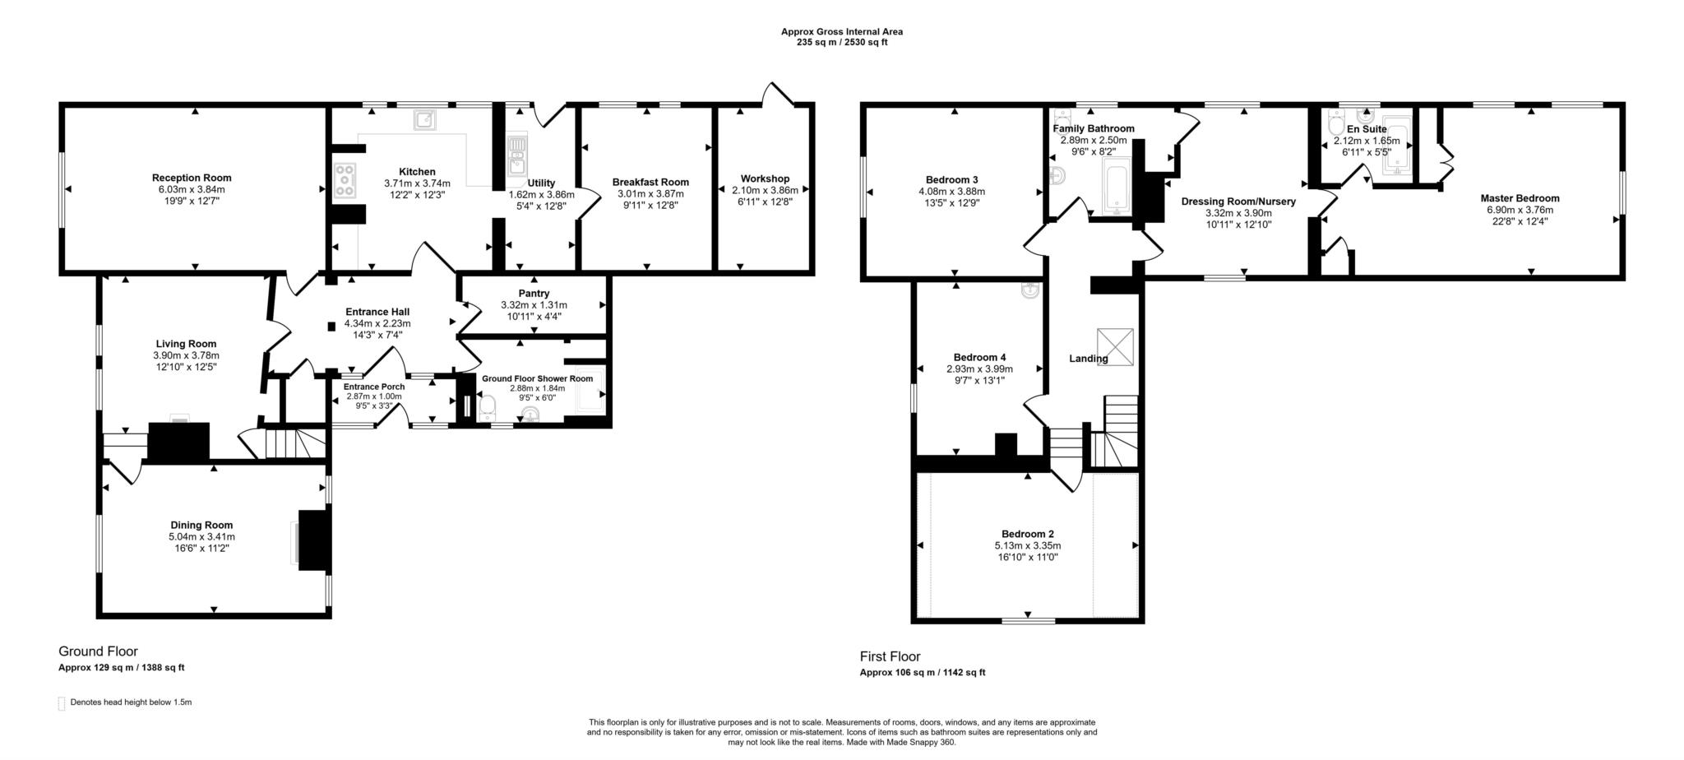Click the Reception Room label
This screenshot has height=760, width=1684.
[192, 178]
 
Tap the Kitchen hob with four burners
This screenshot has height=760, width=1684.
[345, 181]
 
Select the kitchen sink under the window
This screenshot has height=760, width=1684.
[426, 120]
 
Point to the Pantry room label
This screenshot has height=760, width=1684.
[534, 294]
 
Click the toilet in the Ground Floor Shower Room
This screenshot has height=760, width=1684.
[487, 406]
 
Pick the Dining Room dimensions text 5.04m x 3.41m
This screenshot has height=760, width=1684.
[201, 536]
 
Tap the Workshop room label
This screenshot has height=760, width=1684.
[765, 178]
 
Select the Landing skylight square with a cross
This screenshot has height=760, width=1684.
[1115, 346]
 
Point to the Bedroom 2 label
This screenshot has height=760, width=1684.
[1028, 534]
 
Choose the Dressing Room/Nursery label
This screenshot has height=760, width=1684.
[1238, 202]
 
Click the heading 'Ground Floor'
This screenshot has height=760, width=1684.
[98, 651]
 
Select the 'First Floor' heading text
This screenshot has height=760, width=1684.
[890, 656]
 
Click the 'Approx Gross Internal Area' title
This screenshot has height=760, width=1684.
[841, 32]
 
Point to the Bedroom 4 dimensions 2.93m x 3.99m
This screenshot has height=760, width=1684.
[979, 369]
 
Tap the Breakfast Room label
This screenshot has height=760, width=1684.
[650, 183]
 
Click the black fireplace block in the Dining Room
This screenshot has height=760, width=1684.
[313, 540]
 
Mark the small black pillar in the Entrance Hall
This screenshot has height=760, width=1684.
[331, 327]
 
